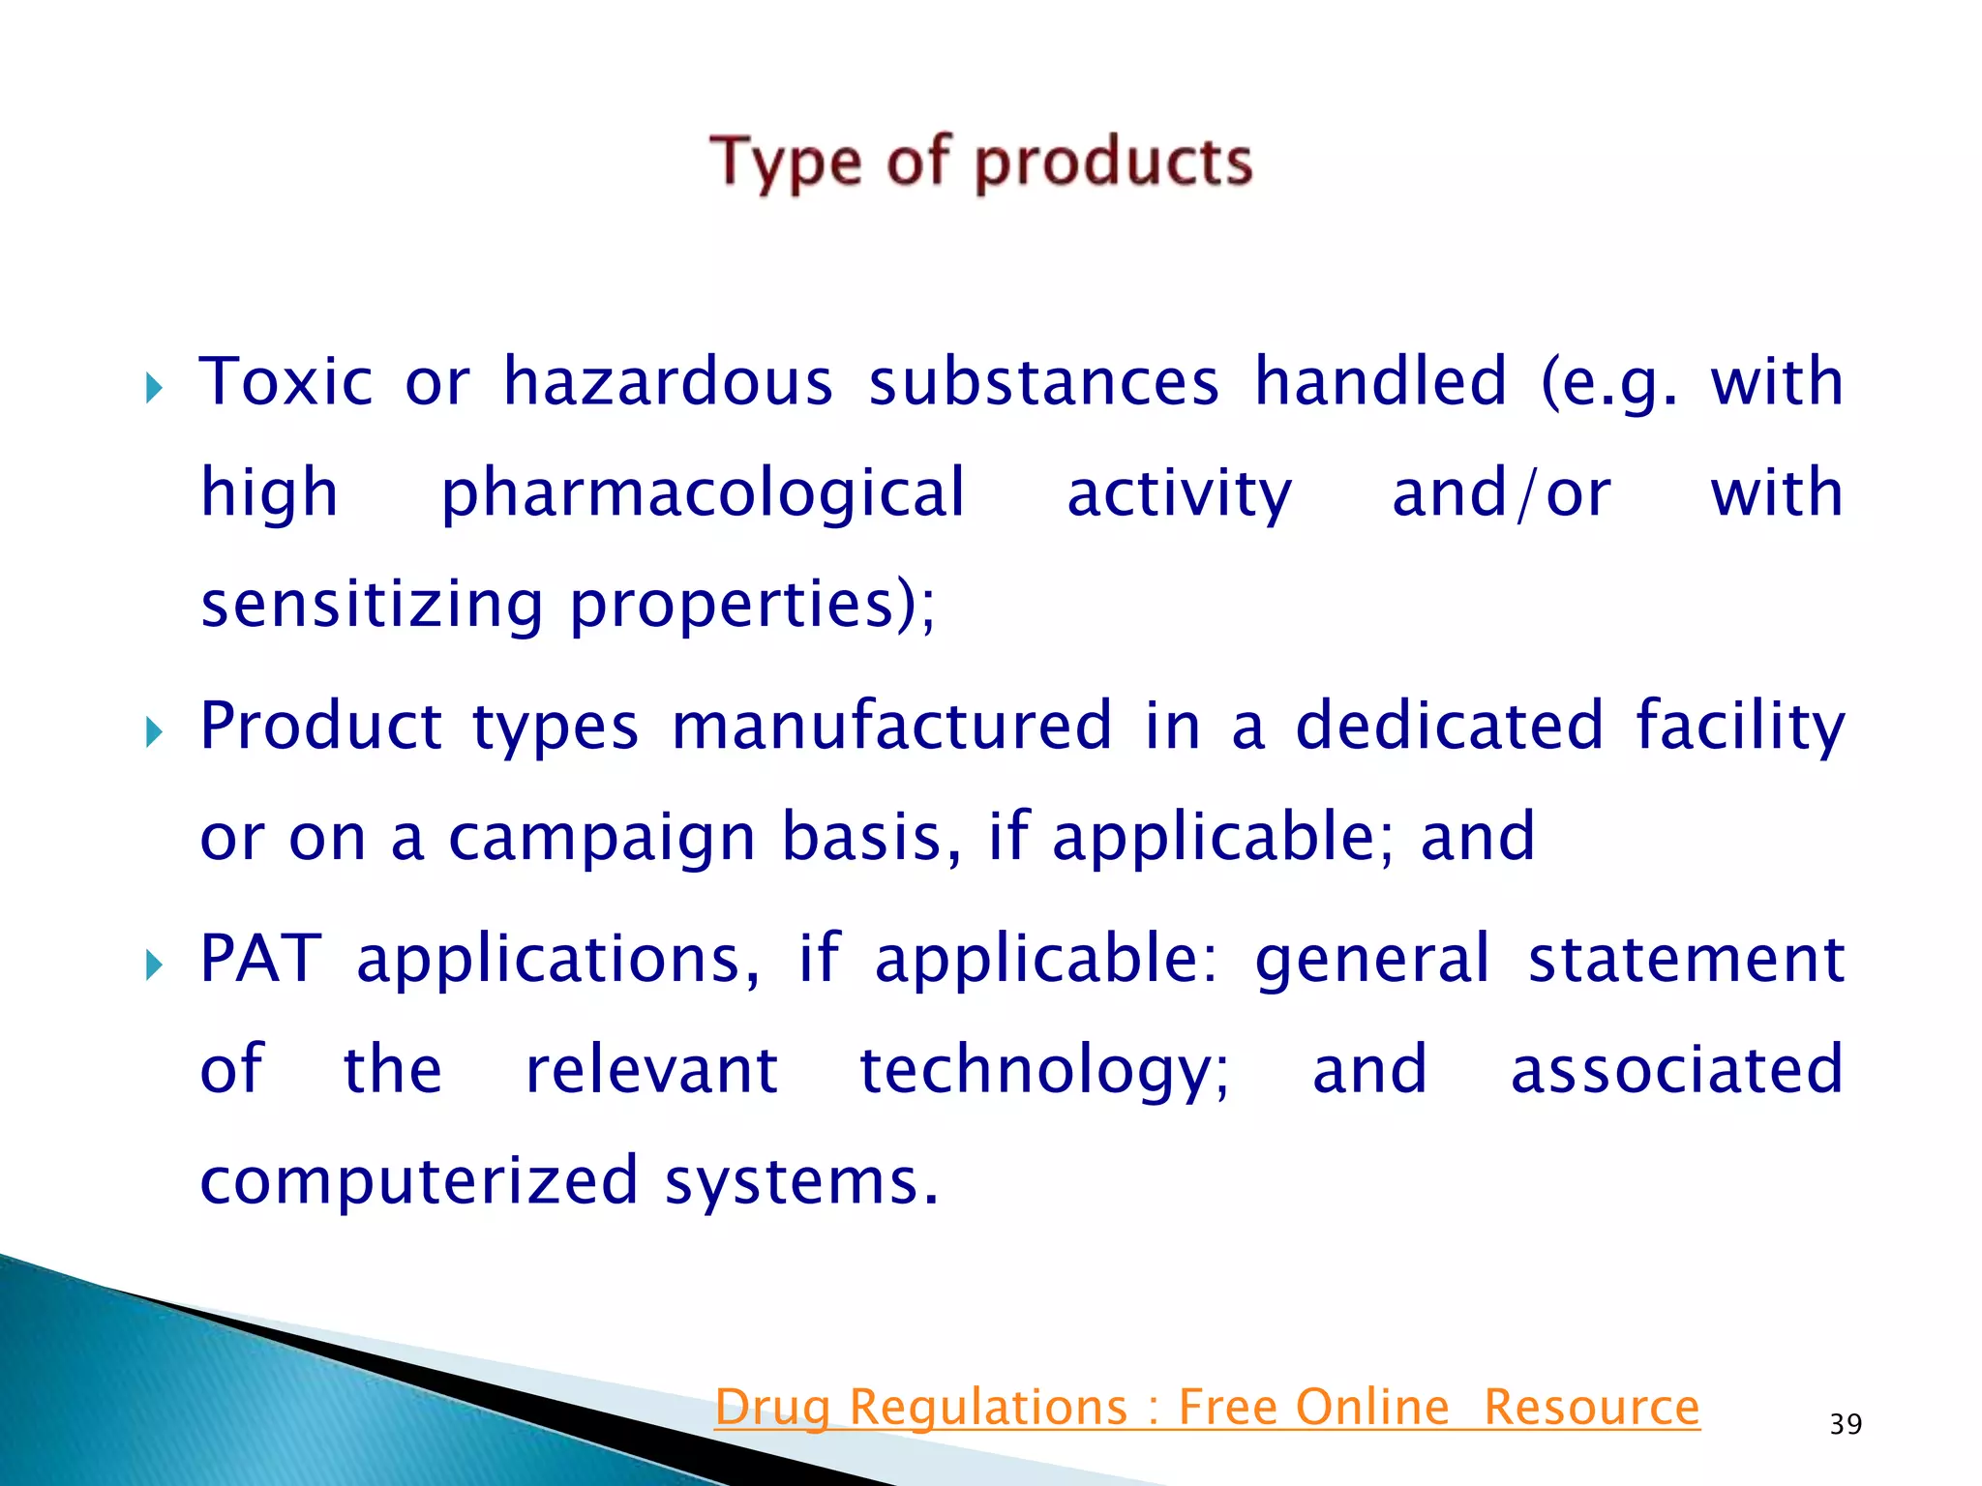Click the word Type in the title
click(x=785, y=162)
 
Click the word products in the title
click(x=1113, y=162)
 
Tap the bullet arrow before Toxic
click(x=154, y=390)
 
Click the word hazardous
click(x=668, y=382)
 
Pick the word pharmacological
click(x=704, y=494)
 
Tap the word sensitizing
click(x=372, y=605)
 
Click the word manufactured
click(x=891, y=727)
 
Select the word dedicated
click(x=1449, y=727)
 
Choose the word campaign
click(x=601, y=839)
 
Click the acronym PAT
click(x=260, y=959)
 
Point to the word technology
click(x=1044, y=1071)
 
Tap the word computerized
click(x=418, y=1181)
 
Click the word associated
click(x=1677, y=1071)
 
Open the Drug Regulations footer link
click(x=1207, y=1408)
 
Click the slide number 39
click(x=1846, y=1425)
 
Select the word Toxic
click(x=285, y=382)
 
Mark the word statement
click(x=1686, y=959)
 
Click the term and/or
click(x=1501, y=494)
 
